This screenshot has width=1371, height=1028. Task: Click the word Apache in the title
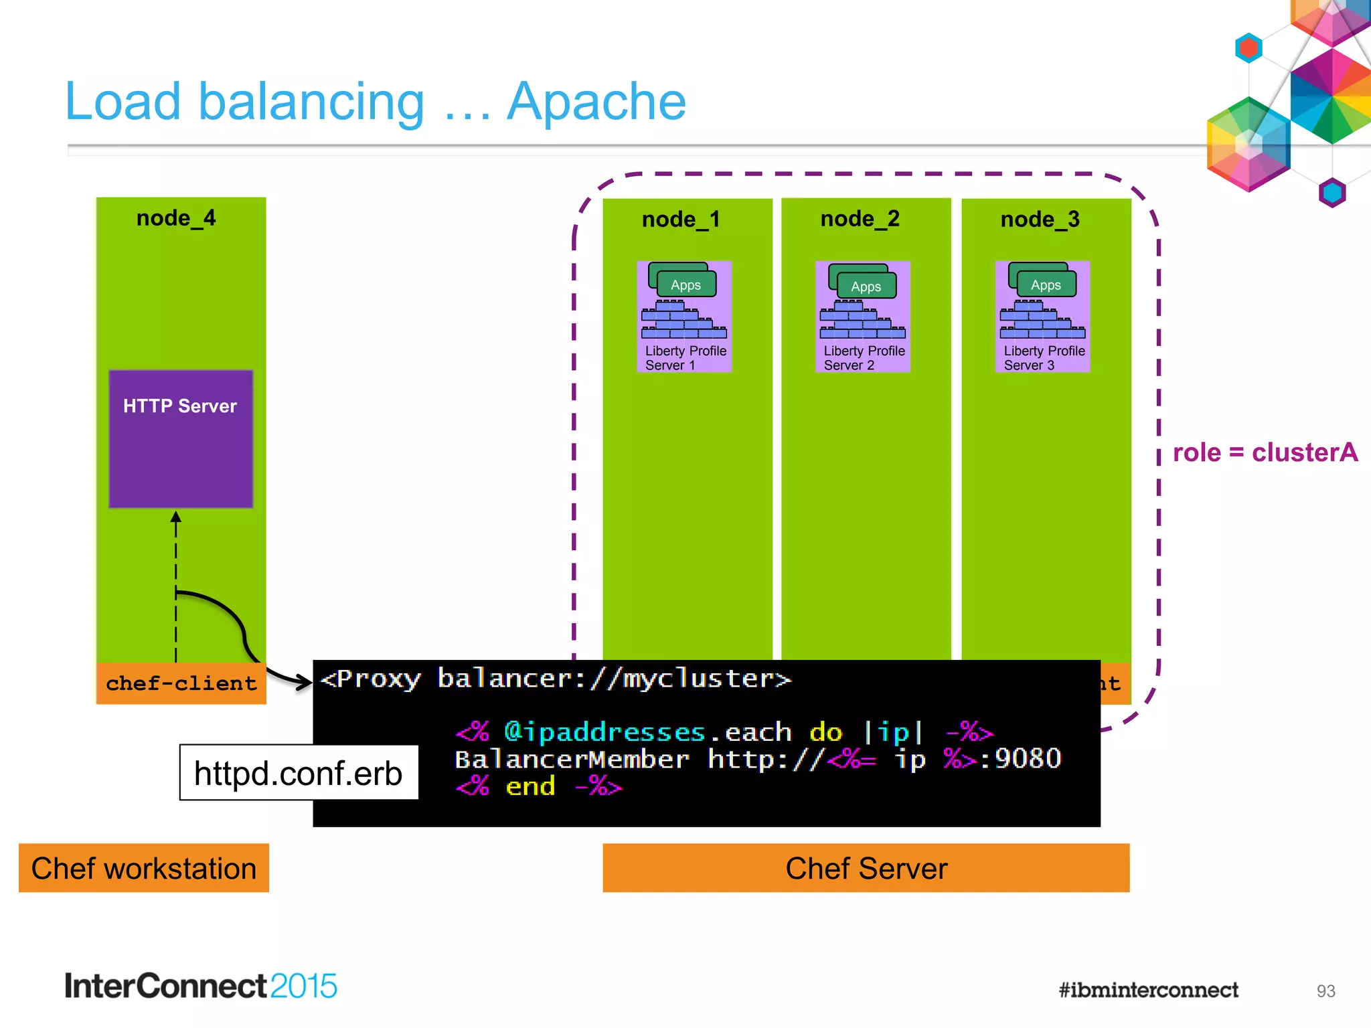tap(596, 102)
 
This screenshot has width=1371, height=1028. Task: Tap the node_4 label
tap(175, 218)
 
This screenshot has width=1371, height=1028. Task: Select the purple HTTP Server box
tap(181, 439)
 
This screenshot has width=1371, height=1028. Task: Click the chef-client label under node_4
tap(181, 683)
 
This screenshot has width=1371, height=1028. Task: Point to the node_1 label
tap(681, 220)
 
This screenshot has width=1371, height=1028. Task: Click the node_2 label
tap(860, 219)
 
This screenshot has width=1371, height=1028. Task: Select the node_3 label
tap(1040, 220)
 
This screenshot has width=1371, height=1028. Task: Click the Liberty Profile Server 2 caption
tap(864, 358)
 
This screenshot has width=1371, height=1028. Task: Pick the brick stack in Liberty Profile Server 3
tap(1042, 320)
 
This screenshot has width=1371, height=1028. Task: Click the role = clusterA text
tap(1265, 452)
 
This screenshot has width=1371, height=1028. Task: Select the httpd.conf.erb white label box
tap(299, 773)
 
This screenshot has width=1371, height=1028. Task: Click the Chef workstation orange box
tap(144, 868)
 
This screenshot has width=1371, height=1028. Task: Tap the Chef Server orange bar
tap(866, 868)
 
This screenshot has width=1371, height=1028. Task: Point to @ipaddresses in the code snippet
tap(604, 732)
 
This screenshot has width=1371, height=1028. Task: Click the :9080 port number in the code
tap(1021, 759)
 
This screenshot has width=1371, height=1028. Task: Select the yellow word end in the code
tap(530, 786)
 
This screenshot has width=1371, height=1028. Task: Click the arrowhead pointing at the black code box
tap(305, 682)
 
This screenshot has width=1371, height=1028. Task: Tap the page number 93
tap(1325, 991)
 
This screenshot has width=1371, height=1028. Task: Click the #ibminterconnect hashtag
tap(1148, 990)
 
